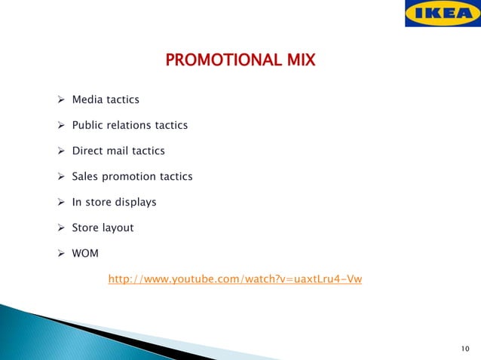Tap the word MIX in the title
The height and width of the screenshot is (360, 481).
[x=299, y=58]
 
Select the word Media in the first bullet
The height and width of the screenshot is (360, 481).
[x=87, y=99]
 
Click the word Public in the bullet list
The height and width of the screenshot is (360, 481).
[x=87, y=125]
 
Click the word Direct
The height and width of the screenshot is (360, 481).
[x=88, y=151]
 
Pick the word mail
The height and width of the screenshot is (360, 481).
[x=118, y=151]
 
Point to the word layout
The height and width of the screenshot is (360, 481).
[x=118, y=227]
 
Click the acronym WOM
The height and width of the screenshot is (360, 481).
[x=85, y=253]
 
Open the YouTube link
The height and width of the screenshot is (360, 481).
[x=235, y=279]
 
